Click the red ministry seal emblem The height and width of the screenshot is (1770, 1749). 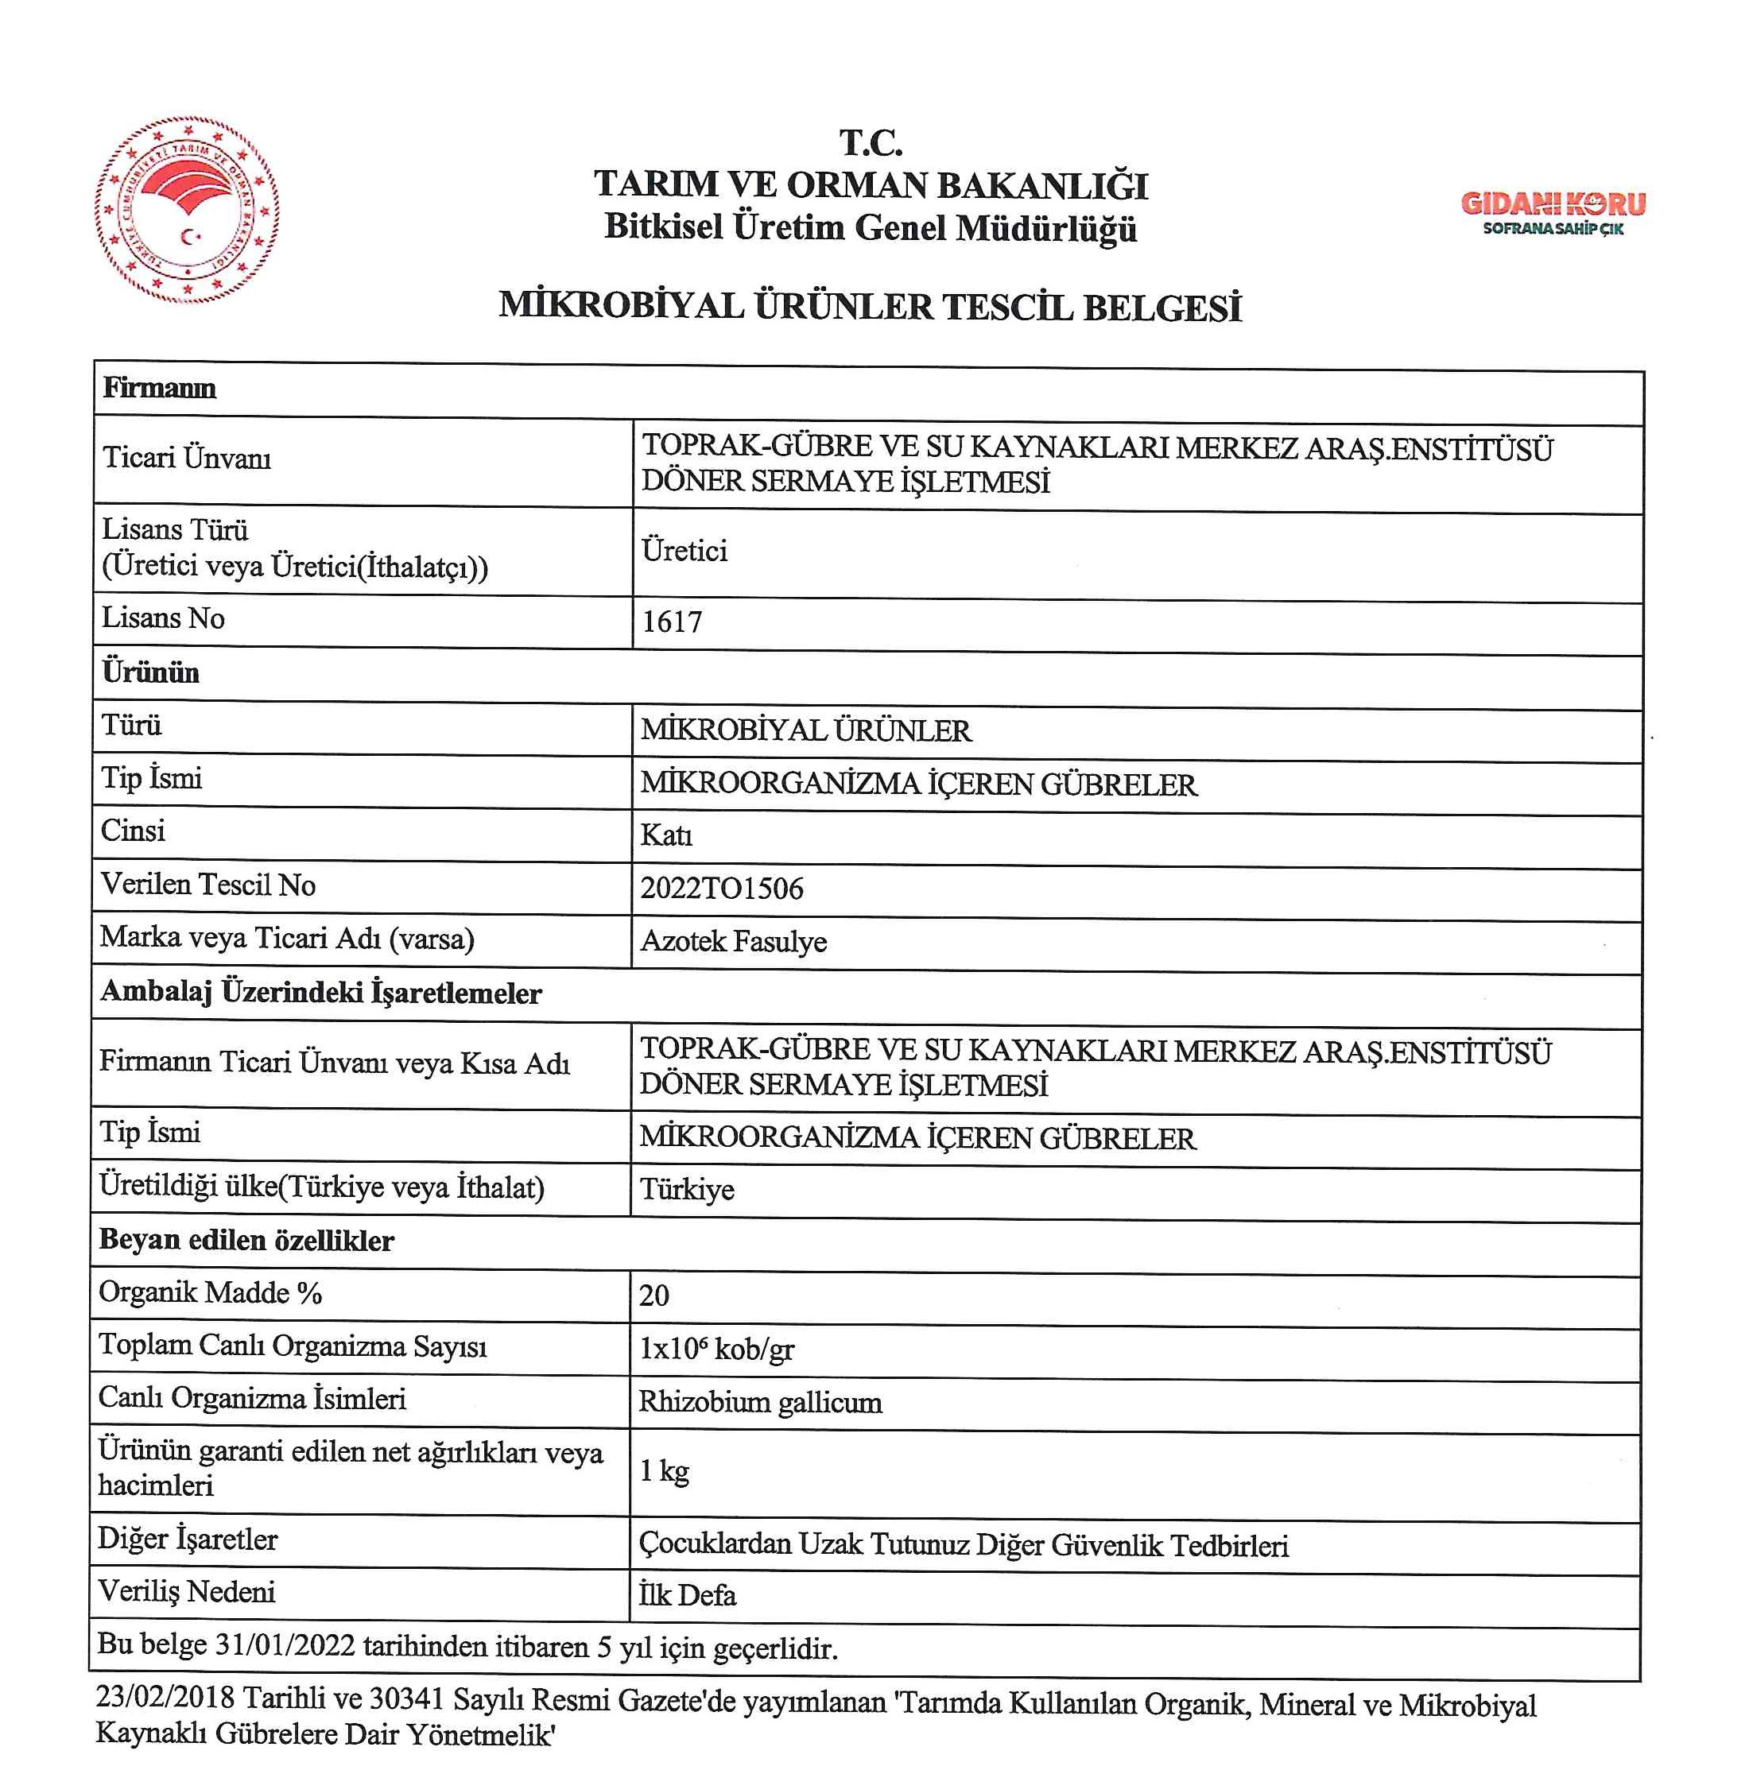coord(187,210)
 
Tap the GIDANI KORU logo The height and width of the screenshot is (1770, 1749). coord(1552,212)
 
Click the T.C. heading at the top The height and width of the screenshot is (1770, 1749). coord(871,143)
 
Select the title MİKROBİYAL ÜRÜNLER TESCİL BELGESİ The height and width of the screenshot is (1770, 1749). coord(870,306)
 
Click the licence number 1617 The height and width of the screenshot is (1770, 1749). coord(672,622)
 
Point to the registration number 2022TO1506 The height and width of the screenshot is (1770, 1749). coord(721,888)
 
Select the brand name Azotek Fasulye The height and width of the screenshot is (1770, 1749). coord(733,941)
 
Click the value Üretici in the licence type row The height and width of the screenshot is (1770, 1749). coord(684,551)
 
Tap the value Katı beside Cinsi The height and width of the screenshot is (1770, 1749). coord(666,835)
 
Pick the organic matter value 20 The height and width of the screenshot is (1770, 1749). coord(654,1296)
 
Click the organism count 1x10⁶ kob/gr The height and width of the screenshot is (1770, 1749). coord(715,1349)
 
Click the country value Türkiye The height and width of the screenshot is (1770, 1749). coord(687,1189)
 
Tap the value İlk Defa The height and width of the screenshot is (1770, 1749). coord(687,1595)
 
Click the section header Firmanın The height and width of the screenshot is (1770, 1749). coord(160,389)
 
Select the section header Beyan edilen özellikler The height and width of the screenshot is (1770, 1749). coord(246,1241)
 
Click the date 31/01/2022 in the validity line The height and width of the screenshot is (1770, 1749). coord(284,1645)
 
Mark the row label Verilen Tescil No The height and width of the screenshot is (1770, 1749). coord(208,885)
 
